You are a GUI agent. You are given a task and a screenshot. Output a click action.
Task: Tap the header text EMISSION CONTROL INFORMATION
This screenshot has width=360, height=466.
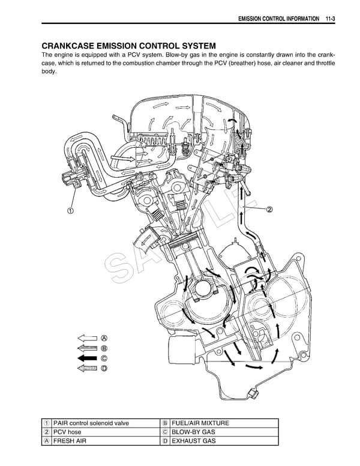[x=278, y=19]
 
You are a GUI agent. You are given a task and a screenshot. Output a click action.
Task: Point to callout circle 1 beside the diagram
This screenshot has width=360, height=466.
[x=70, y=211]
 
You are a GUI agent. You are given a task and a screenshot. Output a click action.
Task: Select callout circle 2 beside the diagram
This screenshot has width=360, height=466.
[x=269, y=210]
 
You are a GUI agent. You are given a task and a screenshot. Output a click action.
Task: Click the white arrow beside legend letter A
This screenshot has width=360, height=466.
[x=88, y=337]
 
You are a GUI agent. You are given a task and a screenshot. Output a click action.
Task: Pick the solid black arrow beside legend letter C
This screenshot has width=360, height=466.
[x=88, y=359]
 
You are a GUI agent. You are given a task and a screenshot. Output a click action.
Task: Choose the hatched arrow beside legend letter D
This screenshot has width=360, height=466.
[x=88, y=369]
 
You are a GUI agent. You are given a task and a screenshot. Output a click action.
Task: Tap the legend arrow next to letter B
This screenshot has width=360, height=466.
[x=88, y=348]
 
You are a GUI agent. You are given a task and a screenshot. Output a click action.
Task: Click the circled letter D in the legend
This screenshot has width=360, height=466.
[x=104, y=369]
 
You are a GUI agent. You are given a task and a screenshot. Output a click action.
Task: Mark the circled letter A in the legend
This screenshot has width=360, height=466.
[x=104, y=337]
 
